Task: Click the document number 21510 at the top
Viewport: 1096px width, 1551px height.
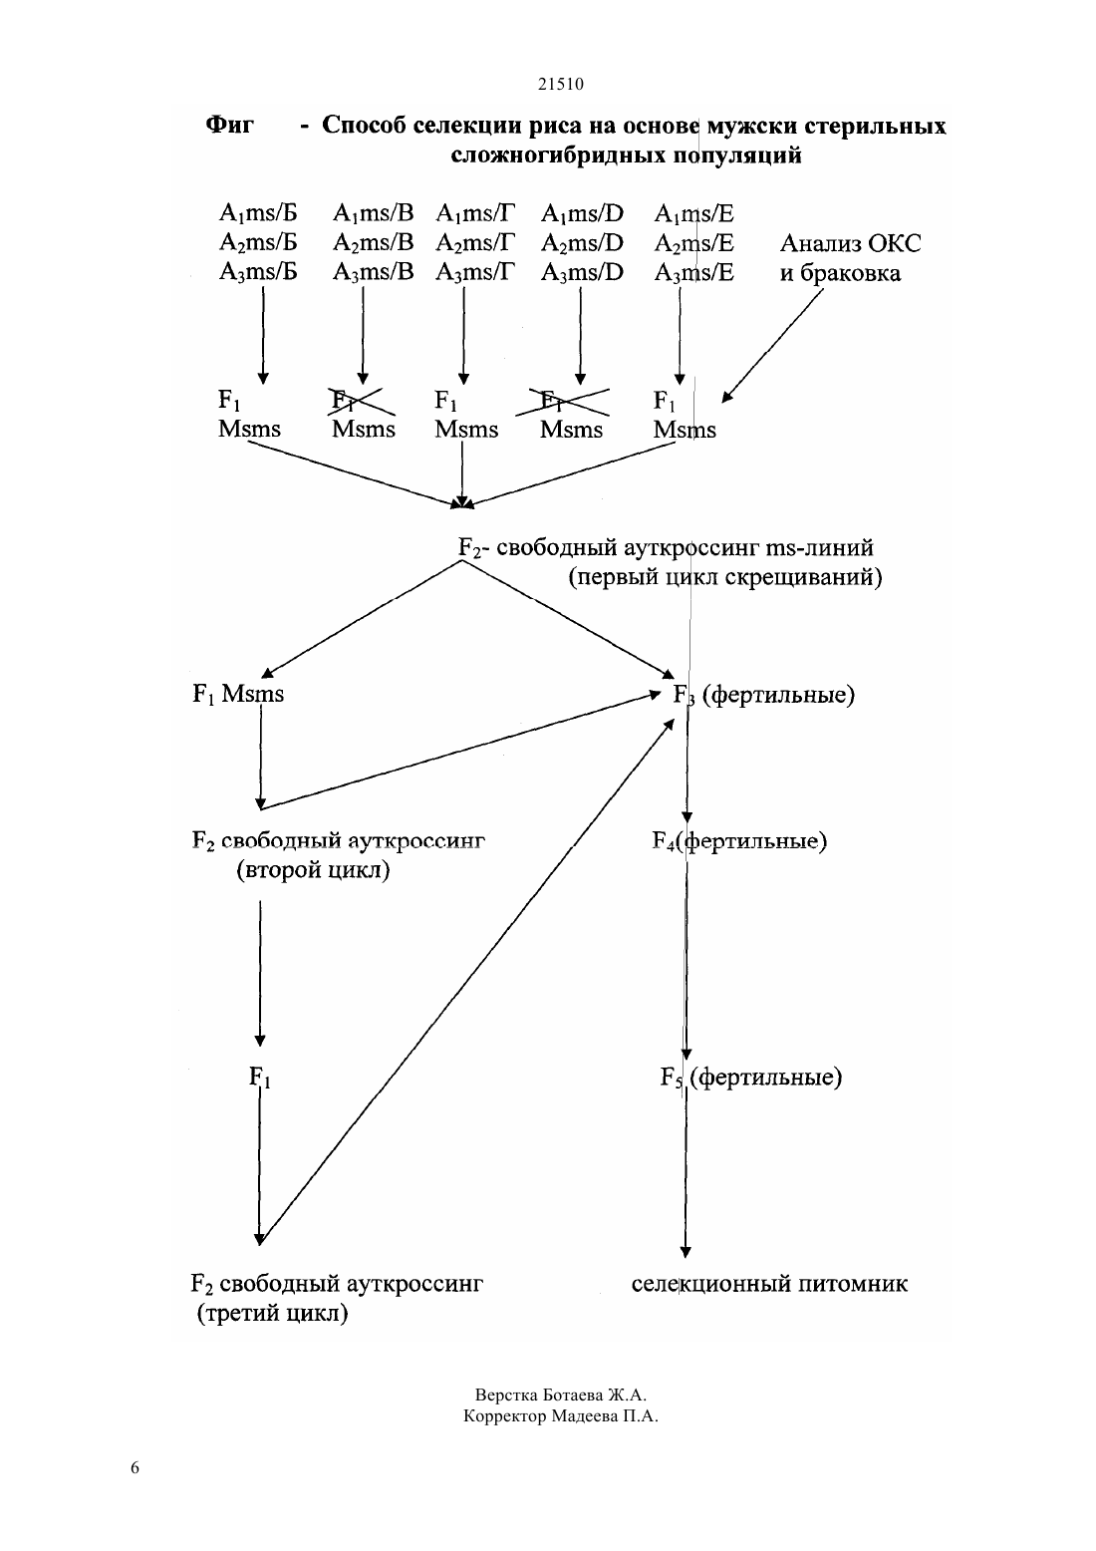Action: pyautogui.click(x=560, y=85)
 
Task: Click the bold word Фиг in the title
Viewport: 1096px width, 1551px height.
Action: pyautogui.click(x=230, y=125)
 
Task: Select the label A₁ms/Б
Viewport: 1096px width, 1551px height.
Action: pyautogui.click(x=258, y=213)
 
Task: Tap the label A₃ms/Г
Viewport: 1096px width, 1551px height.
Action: pyautogui.click(x=475, y=272)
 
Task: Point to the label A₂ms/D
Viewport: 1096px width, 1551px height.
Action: pyautogui.click(x=582, y=243)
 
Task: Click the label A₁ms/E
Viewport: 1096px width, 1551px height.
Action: pyautogui.click(x=694, y=213)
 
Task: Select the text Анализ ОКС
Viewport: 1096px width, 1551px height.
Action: pyautogui.click(x=850, y=243)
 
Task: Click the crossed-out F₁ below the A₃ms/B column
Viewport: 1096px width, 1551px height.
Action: pyautogui.click(x=342, y=401)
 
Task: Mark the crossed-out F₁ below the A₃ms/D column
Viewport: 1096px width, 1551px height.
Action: pyautogui.click(x=551, y=401)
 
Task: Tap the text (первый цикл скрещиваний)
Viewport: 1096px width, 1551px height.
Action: pyautogui.click(x=725, y=577)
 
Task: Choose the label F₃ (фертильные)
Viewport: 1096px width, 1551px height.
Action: pyautogui.click(x=764, y=695)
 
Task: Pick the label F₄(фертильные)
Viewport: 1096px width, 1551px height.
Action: pyautogui.click(x=739, y=841)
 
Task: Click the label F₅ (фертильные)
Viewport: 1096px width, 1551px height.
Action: pyautogui.click(x=750, y=1077)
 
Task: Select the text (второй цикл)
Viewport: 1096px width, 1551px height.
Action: pyautogui.click(x=314, y=869)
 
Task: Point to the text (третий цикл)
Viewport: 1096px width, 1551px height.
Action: pyautogui.click(x=273, y=1313)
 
